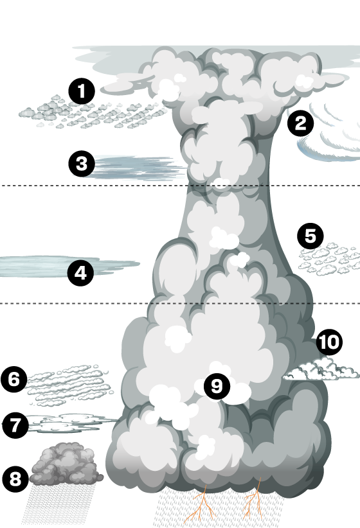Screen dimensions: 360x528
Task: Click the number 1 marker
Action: (82, 91)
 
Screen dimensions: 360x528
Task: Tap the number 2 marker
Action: (300, 123)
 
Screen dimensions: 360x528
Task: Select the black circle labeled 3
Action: (82, 164)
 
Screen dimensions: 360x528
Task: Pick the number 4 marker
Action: (80, 273)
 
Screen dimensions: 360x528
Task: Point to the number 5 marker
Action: (310, 236)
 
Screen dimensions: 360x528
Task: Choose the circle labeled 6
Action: (14, 379)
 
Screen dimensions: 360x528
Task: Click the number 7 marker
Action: (15, 425)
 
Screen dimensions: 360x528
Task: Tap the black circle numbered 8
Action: (15, 479)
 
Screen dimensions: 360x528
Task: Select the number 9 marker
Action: (217, 386)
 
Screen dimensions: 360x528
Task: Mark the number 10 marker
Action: (329, 342)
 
